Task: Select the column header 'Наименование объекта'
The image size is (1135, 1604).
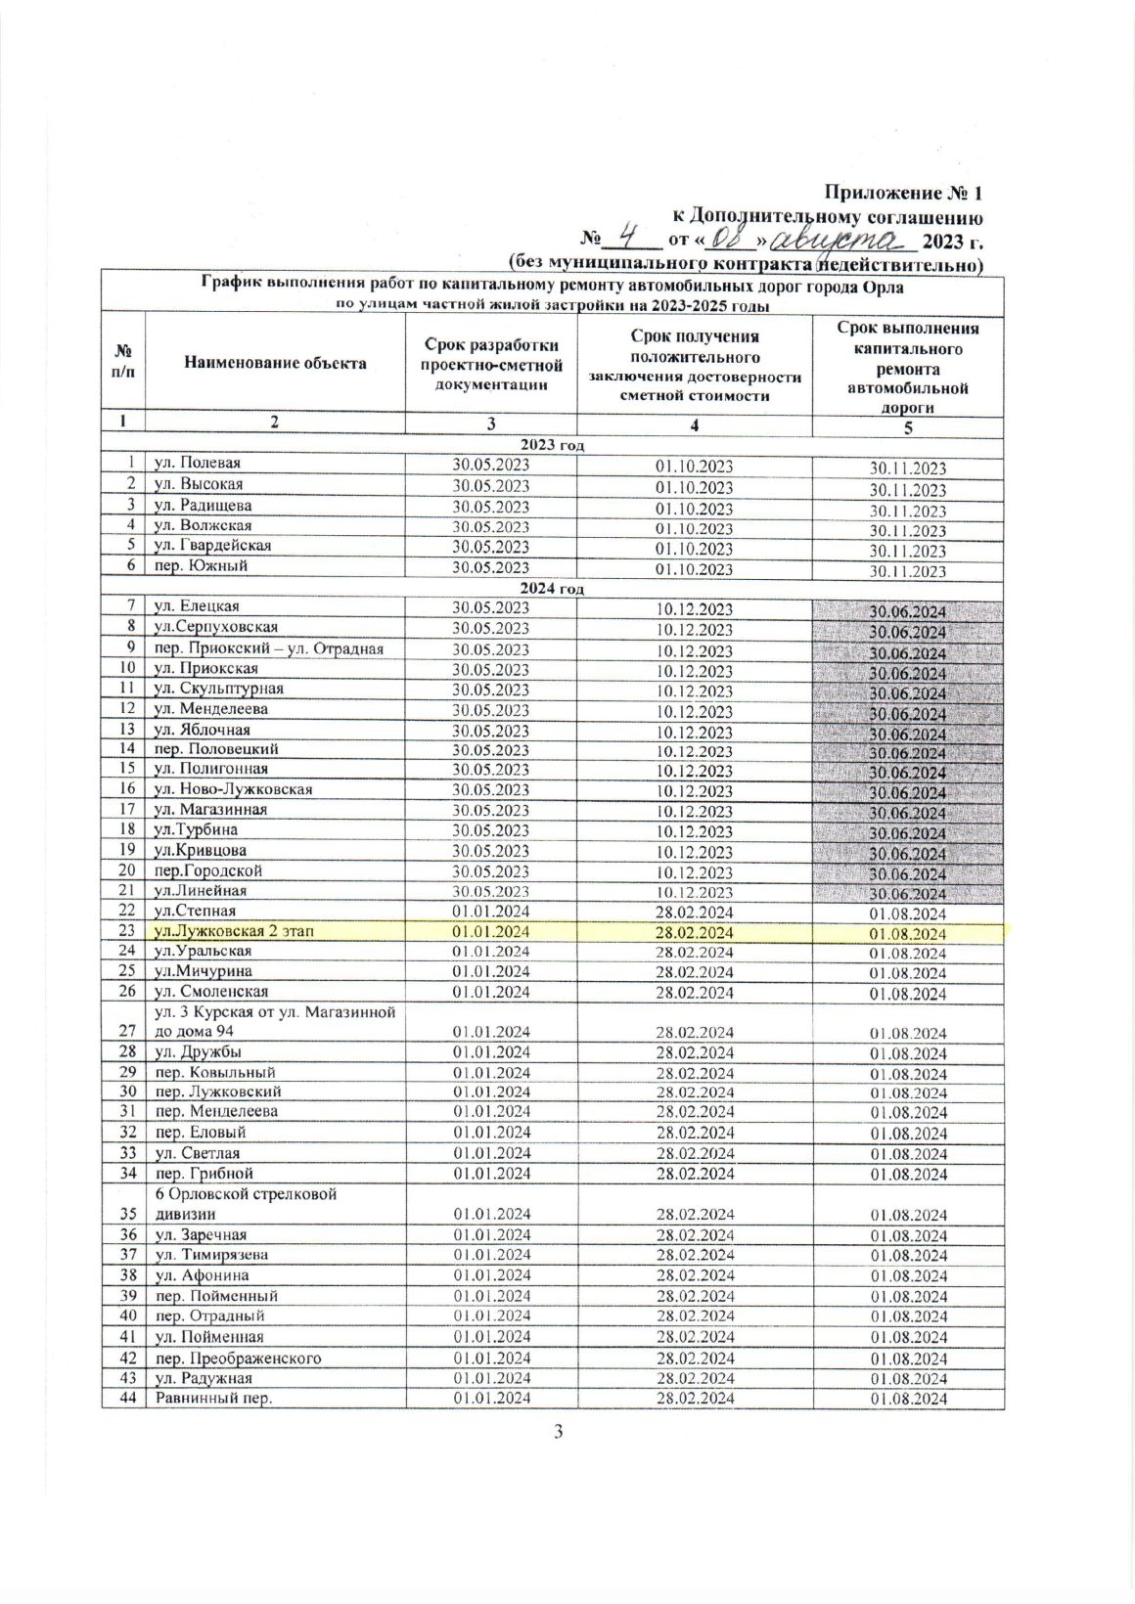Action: click(x=275, y=363)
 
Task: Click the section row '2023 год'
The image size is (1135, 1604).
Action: click(x=553, y=445)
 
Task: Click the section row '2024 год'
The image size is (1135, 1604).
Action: click(x=553, y=588)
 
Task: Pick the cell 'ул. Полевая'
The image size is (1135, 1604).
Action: click(x=196, y=464)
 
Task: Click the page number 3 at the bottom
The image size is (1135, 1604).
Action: click(x=559, y=1433)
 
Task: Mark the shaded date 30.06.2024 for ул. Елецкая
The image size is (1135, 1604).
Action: click(x=908, y=612)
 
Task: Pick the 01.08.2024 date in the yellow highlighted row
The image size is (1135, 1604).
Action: click(x=908, y=934)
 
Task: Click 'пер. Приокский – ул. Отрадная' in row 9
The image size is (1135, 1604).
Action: click(x=264, y=648)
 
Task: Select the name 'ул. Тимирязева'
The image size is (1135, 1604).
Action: click(x=205, y=1255)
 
